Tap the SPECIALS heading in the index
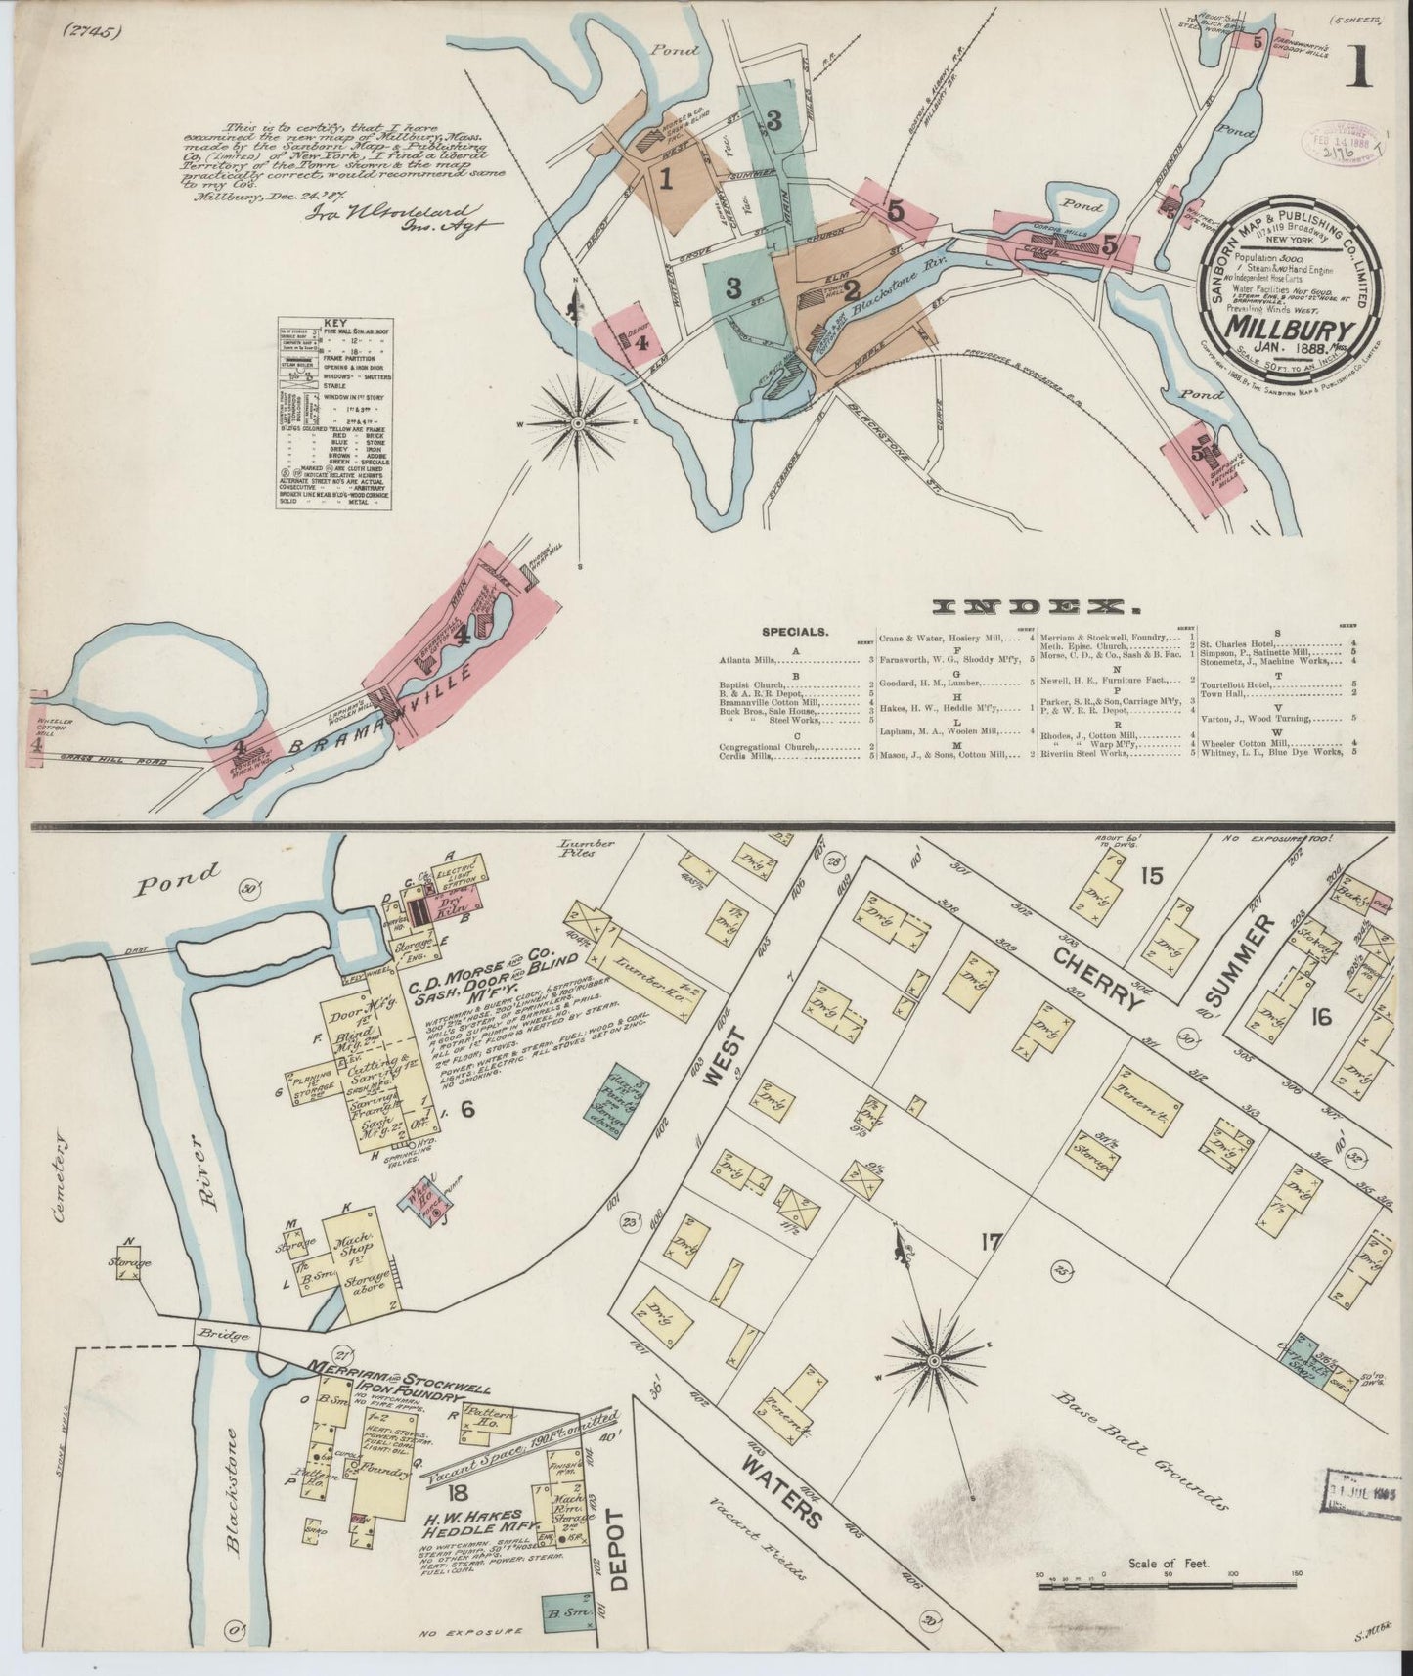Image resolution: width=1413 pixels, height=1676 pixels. (x=794, y=633)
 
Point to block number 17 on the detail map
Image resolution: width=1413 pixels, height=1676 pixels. (x=991, y=1243)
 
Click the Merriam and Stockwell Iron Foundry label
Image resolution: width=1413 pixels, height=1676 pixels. (x=384, y=1379)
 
